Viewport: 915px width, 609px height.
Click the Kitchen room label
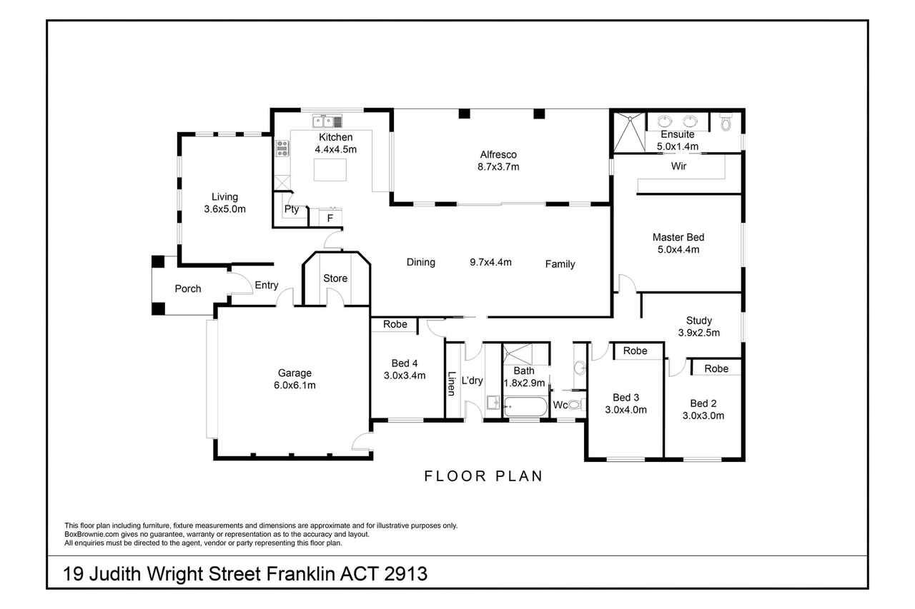pyautogui.click(x=335, y=137)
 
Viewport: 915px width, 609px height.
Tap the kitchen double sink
pyautogui.click(x=327, y=121)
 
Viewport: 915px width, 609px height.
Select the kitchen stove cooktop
pyautogui.click(x=282, y=149)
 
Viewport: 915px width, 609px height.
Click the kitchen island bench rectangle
pyautogui.click(x=330, y=170)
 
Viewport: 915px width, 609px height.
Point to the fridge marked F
pyautogui.click(x=330, y=218)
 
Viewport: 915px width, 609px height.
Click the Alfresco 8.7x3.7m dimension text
pyautogui.click(x=498, y=167)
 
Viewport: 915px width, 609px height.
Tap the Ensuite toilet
pyautogui.click(x=726, y=122)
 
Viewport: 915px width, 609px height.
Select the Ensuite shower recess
pyautogui.click(x=630, y=133)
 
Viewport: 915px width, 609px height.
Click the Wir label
pyautogui.click(x=678, y=166)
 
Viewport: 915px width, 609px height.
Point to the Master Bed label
pyautogui.click(x=678, y=237)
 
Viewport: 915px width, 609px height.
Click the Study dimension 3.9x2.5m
pyautogui.click(x=699, y=333)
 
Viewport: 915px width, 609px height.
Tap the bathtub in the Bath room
pyautogui.click(x=525, y=407)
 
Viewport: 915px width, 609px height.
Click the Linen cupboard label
pyautogui.click(x=451, y=383)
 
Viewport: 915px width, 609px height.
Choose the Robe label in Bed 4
pyautogui.click(x=395, y=324)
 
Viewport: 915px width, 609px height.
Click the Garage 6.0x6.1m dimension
pyautogui.click(x=295, y=385)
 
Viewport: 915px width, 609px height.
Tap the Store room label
pyautogui.click(x=335, y=278)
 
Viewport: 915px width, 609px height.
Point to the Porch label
pyautogui.click(x=188, y=289)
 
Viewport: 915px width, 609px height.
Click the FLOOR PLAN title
pyautogui.click(x=484, y=476)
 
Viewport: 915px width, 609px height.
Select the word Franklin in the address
pyautogui.click(x=301, y=574)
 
